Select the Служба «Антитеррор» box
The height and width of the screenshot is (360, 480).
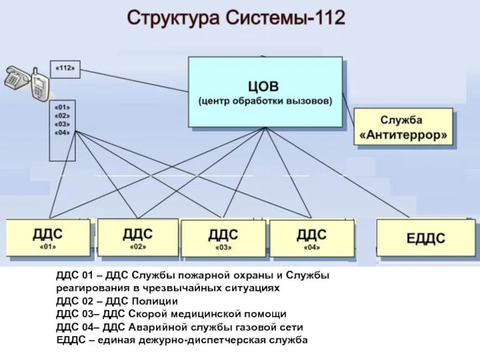(x=403, y=127)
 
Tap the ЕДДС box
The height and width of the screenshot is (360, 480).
(x=425, y=238)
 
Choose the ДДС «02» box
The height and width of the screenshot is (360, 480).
(x=137, y=238)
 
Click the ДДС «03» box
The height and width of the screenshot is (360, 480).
(x=223, y=238)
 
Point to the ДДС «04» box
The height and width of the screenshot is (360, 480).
(x=311, y=238)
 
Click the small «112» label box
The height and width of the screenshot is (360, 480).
(x=65, y=68)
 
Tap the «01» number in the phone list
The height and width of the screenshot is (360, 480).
(x=62, y=107)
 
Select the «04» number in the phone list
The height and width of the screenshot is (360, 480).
(x=62, y=132)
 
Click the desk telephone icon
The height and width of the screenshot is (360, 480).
(x=17, y=78)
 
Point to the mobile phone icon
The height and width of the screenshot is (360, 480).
(x=38, y=85)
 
